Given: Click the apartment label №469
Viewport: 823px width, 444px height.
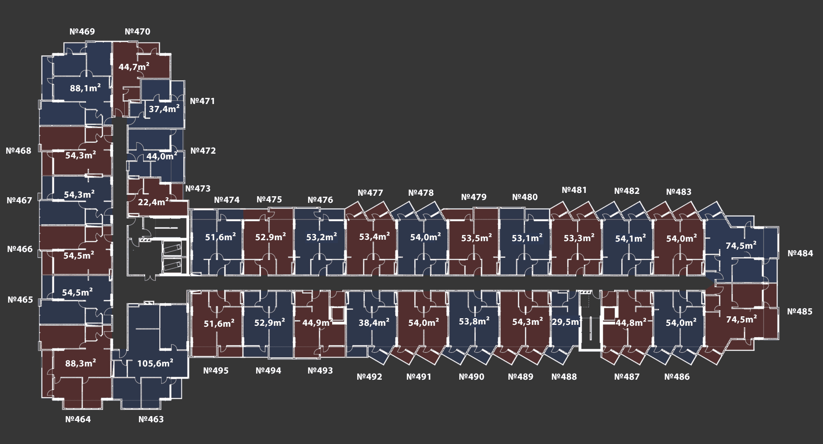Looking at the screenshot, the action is pos(82,32).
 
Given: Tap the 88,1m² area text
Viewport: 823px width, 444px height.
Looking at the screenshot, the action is pos(85,88).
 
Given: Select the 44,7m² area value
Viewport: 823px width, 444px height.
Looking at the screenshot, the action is pos(134,67).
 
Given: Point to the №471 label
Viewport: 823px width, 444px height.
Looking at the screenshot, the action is pos(202,101).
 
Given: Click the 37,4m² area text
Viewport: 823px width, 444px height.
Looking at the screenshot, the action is pos(164,109).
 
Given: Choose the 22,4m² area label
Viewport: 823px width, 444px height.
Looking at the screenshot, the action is pos(153,202).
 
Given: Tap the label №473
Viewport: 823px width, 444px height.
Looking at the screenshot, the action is pos(198,189).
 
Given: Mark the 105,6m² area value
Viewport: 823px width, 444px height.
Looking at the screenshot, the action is pos(155,363).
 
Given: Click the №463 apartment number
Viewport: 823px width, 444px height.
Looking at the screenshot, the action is pos(151,419).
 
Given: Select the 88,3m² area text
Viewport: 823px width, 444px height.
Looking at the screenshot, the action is pos(80,363).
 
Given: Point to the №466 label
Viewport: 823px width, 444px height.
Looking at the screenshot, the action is pos(20,249).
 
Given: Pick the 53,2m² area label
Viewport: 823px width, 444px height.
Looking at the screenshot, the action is pos(321,237).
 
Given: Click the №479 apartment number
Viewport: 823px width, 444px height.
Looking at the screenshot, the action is pos(473,197).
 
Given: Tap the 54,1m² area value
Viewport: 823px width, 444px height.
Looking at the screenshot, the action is pos(630,239).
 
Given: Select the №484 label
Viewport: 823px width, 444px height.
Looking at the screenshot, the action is pos(800,253).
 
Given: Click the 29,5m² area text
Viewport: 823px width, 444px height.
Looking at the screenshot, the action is pos(566,322).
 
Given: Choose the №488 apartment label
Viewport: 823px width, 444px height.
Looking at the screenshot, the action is pos(564,377).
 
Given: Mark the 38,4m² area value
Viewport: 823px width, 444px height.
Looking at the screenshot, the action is pos(374,322).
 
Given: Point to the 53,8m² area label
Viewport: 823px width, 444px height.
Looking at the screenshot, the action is pos(474,321).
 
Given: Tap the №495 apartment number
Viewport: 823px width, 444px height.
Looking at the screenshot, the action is pos(216,371).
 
